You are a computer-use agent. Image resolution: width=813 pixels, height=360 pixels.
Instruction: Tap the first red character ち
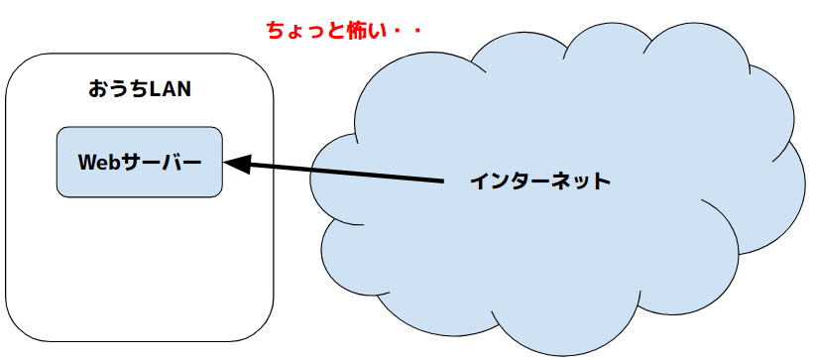tap(277, 31)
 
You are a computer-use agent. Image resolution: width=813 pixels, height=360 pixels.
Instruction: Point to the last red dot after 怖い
tap(414, 31)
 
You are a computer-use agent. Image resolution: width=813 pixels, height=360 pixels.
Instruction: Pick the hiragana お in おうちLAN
tap(98, 89)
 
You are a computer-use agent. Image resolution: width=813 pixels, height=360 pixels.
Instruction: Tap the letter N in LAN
tap(184, 89)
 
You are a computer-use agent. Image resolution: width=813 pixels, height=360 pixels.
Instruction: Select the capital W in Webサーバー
tap(88, 163)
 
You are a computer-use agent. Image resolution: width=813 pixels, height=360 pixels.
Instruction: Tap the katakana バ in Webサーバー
tap(172, 163)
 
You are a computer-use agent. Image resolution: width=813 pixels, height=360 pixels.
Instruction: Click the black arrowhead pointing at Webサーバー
tap(238, 164)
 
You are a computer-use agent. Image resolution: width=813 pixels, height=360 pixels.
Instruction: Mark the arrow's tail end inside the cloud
tap(444, 181)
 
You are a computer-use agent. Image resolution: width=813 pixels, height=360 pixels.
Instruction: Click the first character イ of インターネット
tap(480, 181)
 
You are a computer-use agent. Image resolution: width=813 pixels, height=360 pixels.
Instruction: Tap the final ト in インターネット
tap(602, 181)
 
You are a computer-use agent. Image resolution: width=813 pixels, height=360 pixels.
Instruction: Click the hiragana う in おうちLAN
tap(119, 89)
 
